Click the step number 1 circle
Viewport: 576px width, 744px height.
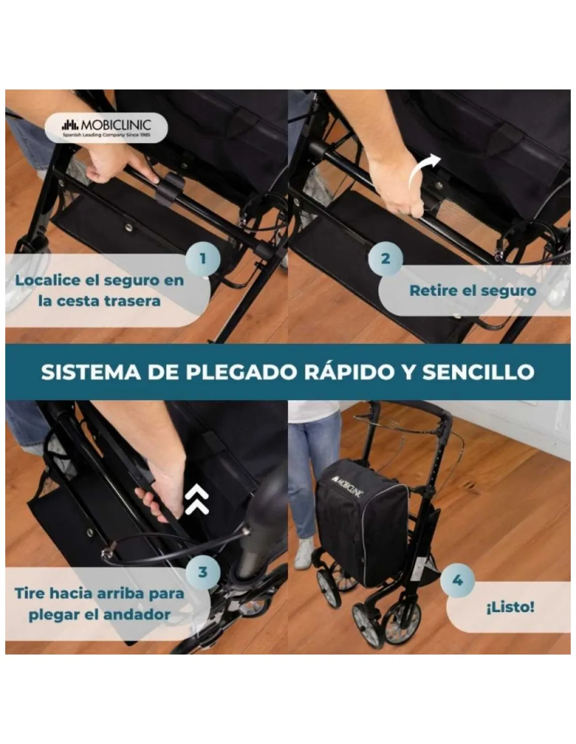203,258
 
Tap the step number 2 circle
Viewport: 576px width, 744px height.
385,258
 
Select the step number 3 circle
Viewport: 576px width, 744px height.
203,571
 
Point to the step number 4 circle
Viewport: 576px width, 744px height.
458,581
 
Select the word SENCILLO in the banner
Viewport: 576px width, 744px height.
478,372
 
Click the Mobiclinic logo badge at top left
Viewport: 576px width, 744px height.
106,127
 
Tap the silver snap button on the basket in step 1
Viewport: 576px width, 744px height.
129,226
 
